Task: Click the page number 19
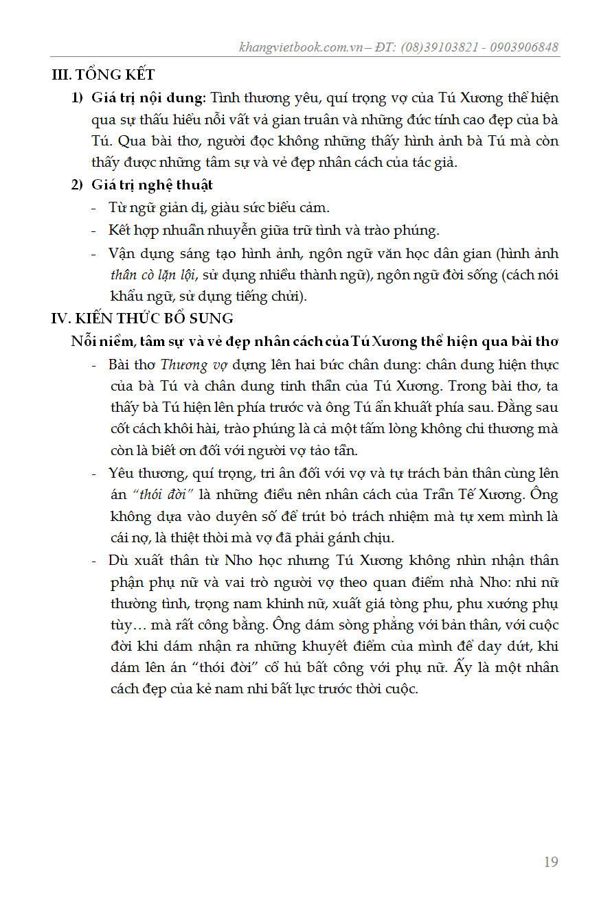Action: tap(550, 862)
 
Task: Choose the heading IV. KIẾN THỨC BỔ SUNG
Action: tap(142, 318)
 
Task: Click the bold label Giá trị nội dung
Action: tap(148, 97)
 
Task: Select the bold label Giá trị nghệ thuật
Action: tap(152, 185)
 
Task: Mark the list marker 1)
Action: tap(78, 97)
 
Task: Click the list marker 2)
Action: tap(78, 185)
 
